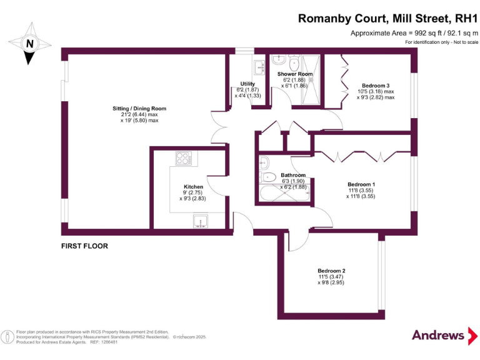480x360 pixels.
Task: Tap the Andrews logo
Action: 439,335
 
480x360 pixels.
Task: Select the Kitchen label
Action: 193,187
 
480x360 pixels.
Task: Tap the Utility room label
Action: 247,84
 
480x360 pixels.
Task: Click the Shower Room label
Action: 295,74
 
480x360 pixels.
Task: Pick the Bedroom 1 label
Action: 361,184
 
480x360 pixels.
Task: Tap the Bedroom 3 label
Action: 376,86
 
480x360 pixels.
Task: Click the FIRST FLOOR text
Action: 84,246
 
